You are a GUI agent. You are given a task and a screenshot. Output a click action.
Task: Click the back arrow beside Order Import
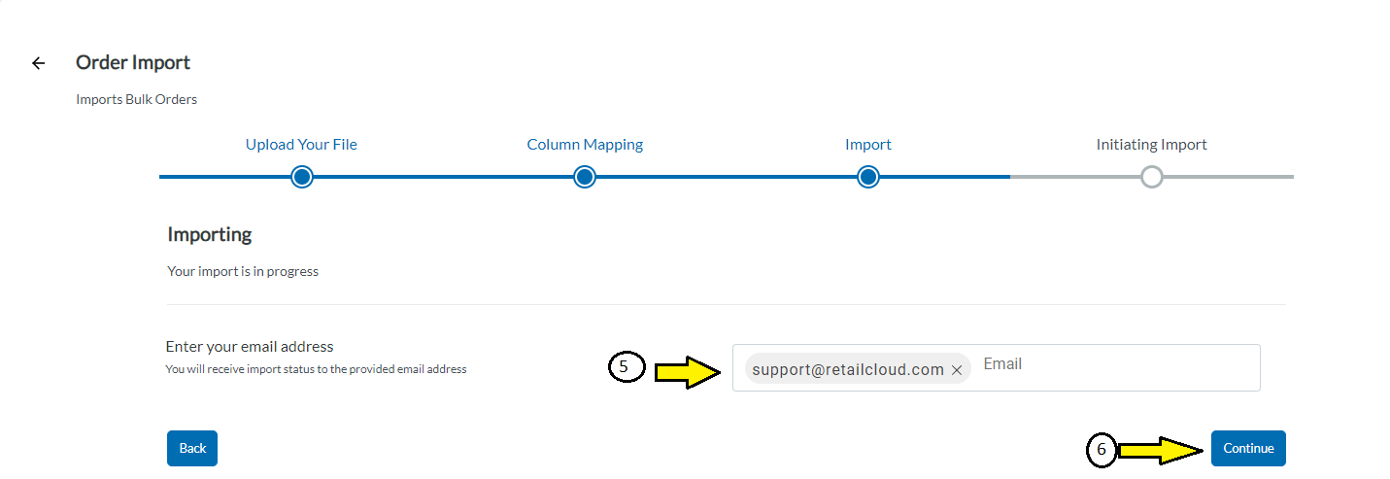coord(39,63)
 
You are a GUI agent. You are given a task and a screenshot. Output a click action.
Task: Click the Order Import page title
coord(133,62)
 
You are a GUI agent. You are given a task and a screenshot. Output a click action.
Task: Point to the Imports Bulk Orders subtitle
coord(137,99)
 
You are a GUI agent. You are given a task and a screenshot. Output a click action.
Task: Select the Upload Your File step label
coord(301,145)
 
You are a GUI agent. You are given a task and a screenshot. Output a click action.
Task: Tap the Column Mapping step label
coord(585,145)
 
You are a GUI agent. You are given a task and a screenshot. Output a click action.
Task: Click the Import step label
coord(867,145)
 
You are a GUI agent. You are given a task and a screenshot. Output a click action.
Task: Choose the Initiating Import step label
coord(1151,145)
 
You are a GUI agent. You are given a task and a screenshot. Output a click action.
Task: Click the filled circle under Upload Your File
coord(302,177)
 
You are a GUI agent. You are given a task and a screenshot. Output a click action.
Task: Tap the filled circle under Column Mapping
coord(585,177)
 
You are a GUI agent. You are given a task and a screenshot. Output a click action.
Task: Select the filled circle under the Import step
coord(868,177)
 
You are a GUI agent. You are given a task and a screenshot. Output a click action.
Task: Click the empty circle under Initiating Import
coord(1152,177)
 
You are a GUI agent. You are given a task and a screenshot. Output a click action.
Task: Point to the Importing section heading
coord(209,234)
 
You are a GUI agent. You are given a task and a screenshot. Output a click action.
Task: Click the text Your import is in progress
coord(243,271)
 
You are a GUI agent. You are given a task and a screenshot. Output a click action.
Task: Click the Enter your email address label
coord(250,346)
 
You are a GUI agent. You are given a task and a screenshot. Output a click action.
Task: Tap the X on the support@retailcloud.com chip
coord(957,370)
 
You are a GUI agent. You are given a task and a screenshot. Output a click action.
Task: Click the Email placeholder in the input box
coord(1002,363)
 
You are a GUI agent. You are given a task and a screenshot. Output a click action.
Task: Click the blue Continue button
coord(1248,448)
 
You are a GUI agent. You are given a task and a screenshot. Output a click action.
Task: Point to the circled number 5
coord(627,366)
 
